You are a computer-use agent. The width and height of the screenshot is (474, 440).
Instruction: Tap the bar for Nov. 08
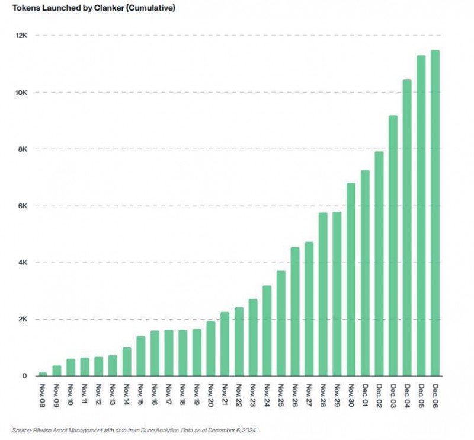pyautogui.click(x=43, y=374)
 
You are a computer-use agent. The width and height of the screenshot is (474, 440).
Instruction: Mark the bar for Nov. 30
pyautogui.click(x=351, y=279)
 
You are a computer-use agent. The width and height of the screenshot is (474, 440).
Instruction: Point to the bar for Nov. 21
pyautogui.click(x=225, y=344)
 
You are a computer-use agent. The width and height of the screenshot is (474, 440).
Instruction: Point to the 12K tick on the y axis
pyautogui.click(x=21, y=36)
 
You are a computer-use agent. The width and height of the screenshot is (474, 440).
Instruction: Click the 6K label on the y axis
pyautogui.click(x=23, y=206)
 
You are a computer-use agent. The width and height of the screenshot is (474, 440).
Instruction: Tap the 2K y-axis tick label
pyautogui.click(x=23, y=319)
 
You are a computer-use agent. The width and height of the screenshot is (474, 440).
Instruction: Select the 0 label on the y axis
pyautogui.click(x=24, y=376)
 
